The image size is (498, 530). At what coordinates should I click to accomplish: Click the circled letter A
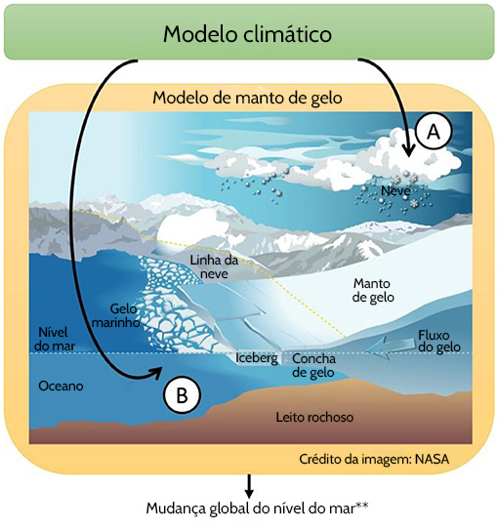click(434, 131)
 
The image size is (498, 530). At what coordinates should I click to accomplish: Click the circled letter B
click(182, 394)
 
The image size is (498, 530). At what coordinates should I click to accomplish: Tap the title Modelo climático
click(247, 34)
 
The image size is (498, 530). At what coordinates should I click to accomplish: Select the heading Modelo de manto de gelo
click(247, 98)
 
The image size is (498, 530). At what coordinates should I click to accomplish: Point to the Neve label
click(395, 191)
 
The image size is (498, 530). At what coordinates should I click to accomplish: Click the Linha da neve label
click(214, 266)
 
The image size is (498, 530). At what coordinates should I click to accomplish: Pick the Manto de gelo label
click(373, 290)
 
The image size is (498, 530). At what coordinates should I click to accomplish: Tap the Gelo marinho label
click(116, 315)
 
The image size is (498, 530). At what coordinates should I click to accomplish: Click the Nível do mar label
click(54, 339)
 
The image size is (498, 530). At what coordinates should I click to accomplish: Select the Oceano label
click(61, 386)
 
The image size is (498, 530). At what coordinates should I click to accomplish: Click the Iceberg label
click(257, 358)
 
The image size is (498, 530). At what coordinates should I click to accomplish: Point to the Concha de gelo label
click(313, 365)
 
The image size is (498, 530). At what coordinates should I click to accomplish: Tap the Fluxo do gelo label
click(439, 341)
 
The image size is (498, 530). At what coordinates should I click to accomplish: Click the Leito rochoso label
click(314, 417)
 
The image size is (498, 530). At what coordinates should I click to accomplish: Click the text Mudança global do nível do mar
click(251, 508)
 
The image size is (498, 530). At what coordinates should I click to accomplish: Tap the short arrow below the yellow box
click(249, 486)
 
